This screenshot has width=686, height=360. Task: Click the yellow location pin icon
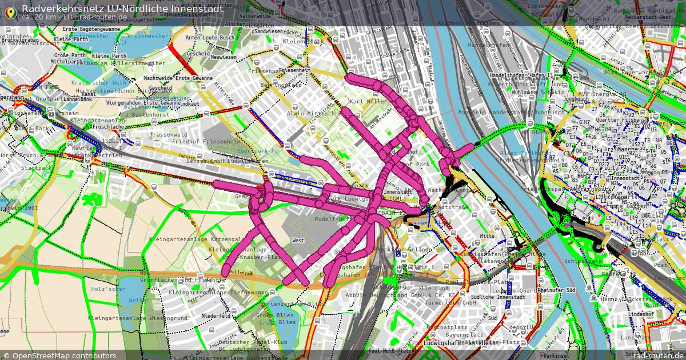pyautogui.click(x=10, y=11)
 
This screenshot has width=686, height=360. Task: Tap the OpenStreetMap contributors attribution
pyautogui.click(x=59, y=355)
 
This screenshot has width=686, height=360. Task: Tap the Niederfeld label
pyautogui.click(x=216, y=315)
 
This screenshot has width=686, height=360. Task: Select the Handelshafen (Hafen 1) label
pyautogui.click(x=521, y=75)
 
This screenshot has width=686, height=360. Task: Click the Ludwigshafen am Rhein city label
pyautogui.click(x=460, y=342)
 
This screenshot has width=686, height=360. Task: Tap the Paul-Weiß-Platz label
pyautogui.click(x=391, y=350)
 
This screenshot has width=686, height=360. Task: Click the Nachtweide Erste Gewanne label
pyautogui.click(x=178, y=78)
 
